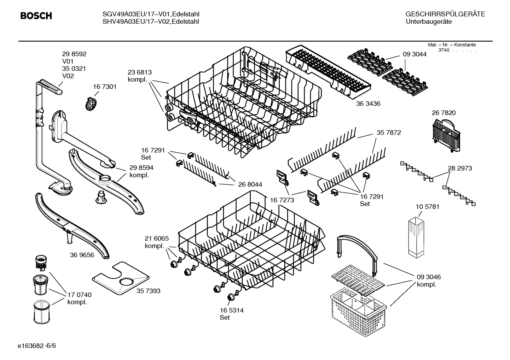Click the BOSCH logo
[36, 16]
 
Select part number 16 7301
[105, 87]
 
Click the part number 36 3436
[368, 104]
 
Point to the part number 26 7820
[444, 113]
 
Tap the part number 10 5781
[427, 207]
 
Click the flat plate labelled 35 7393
[120, 279]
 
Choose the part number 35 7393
[148, 291]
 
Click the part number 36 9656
[82, 255]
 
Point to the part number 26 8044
[250, 184]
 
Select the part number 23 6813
[140, 72]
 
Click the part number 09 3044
[415, 54]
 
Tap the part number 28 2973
[460, 169]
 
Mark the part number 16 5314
[232, 310]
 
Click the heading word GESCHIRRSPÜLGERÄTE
[445, 14]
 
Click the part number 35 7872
[389, 133]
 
